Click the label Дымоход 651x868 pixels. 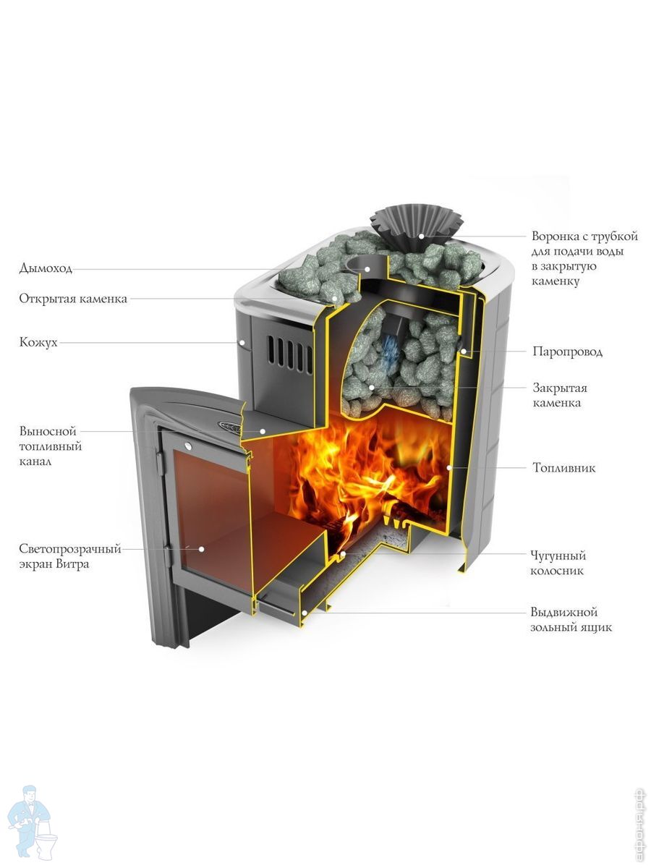tap(46, 269)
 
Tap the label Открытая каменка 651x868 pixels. tap(73, 299)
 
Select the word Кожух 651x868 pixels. tap(38, 342)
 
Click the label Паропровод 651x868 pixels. tap(568, 352)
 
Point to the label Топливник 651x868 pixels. tap(564, 468)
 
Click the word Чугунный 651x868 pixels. tap(558, 556)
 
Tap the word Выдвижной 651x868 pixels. tap(564, 613)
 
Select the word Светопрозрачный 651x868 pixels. tap(70, 550)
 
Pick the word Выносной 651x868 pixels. tap(48, 431)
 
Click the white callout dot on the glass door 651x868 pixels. tap(202, 549)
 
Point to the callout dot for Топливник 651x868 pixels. tap(449, 468)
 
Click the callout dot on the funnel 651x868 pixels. tap(422, 236)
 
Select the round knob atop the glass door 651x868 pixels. tap(187, 446)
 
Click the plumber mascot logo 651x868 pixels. tap(33, 819)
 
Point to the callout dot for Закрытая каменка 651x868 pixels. tap(371, 388)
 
